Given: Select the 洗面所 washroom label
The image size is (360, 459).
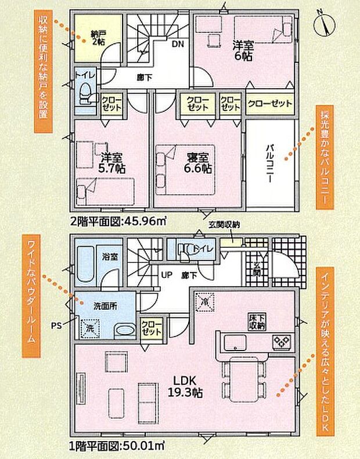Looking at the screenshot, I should click(106, 308).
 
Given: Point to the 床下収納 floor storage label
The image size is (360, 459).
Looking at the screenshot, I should click(257, 322).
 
